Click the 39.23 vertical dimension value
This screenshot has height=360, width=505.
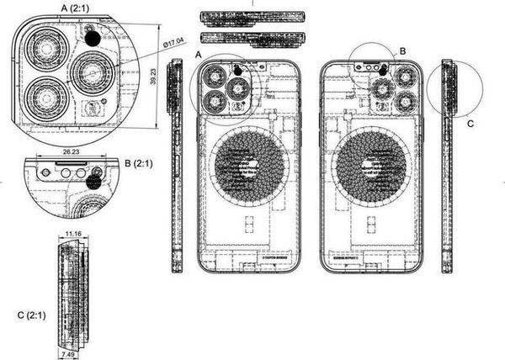click(x=154, y=78)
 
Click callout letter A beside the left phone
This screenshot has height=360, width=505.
click(x=199, y=54)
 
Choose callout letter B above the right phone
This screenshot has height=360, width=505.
click(x=402, y=51)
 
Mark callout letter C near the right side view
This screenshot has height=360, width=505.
click(x=470, y=123)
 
